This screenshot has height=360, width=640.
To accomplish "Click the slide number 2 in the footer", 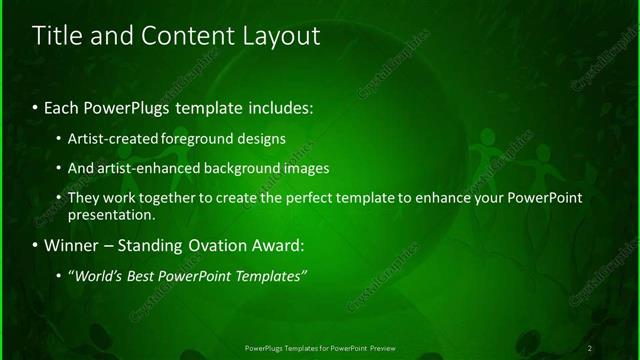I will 590,347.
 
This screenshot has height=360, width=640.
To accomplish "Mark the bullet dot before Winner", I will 36,245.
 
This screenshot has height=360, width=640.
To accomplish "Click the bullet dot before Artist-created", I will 60,138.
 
